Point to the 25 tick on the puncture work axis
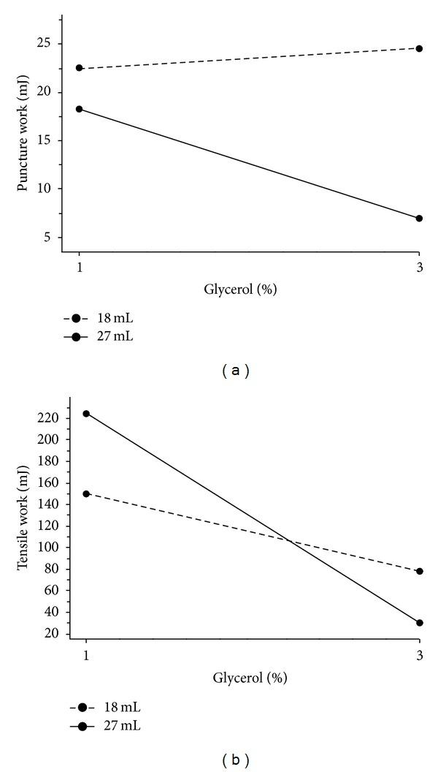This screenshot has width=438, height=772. click(49, 43)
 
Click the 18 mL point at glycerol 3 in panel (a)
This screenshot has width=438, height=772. click(419, 48)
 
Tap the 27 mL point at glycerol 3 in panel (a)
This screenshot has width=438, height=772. click(419, 219)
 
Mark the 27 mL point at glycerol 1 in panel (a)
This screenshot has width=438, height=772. click(80, 109)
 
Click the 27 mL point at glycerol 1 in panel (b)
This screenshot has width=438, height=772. click(86, 414)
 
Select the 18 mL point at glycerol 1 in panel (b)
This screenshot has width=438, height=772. click(86, 493)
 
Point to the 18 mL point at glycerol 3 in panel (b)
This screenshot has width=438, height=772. click(419, 571)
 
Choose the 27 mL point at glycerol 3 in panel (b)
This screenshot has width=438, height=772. click(419, 623)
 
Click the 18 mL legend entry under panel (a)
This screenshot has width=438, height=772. click(97, 319)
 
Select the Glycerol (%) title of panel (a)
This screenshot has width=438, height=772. click(240, 289)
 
